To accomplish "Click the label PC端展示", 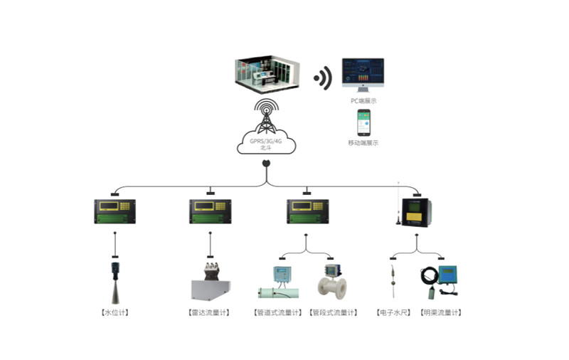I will tap(363, 101).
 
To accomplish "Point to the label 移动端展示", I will tap(363, 143).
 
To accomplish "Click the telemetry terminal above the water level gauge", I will tap(115, 211).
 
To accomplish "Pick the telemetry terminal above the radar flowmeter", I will tap(211, 211).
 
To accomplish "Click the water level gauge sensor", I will tap(115, 282).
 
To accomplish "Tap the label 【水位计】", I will tap(115, 312).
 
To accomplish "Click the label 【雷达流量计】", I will tap(211, 312).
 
